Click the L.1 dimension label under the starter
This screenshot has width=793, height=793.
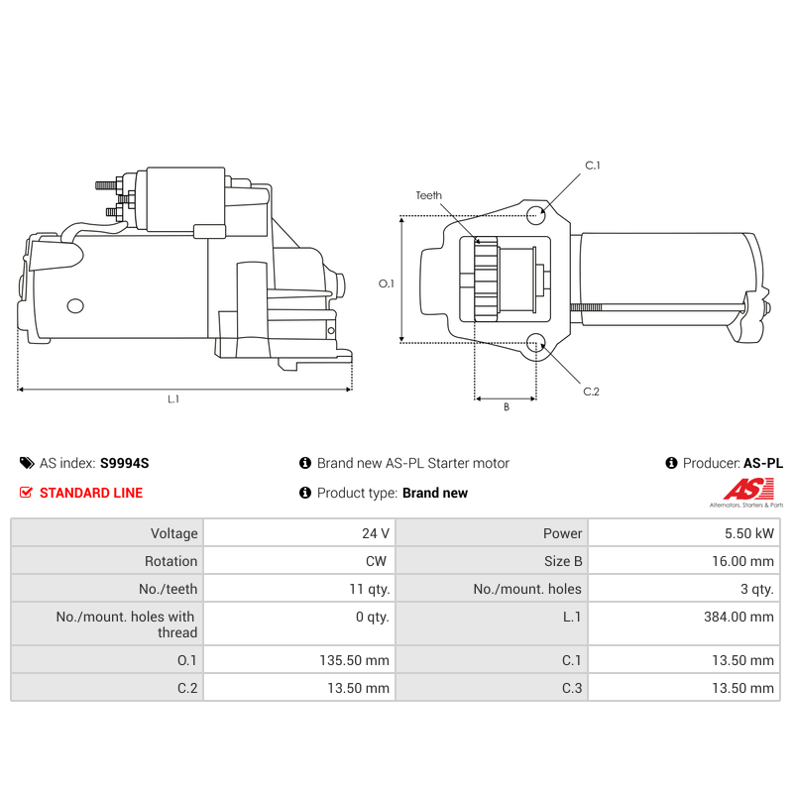point(173,399)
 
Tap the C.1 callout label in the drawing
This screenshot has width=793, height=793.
point(592,166)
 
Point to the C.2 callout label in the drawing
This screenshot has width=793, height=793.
point(591,392)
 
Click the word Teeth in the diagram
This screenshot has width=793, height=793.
point(429,195)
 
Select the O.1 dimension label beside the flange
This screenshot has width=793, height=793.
point(387,283)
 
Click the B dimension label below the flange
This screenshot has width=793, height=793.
point(507,407)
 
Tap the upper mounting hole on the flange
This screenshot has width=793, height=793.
point(535,215)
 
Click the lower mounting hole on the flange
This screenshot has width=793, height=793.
point(535,343)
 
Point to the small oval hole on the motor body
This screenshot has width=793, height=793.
point(75,306)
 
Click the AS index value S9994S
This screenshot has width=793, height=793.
point(125,463)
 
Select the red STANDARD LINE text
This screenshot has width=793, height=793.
point(91,493)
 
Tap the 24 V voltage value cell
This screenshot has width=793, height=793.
point(376,533)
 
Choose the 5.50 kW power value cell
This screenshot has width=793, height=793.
point(749,533)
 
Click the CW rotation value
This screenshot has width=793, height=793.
point(376,561)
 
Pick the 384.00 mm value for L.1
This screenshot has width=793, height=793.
point(738,617)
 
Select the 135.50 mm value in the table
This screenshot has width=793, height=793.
point(355,660)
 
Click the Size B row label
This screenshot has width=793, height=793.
point(563,561)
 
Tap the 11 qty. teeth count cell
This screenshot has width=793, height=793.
point(370,589)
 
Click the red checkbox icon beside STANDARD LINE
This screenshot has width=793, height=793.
point(26,492)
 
